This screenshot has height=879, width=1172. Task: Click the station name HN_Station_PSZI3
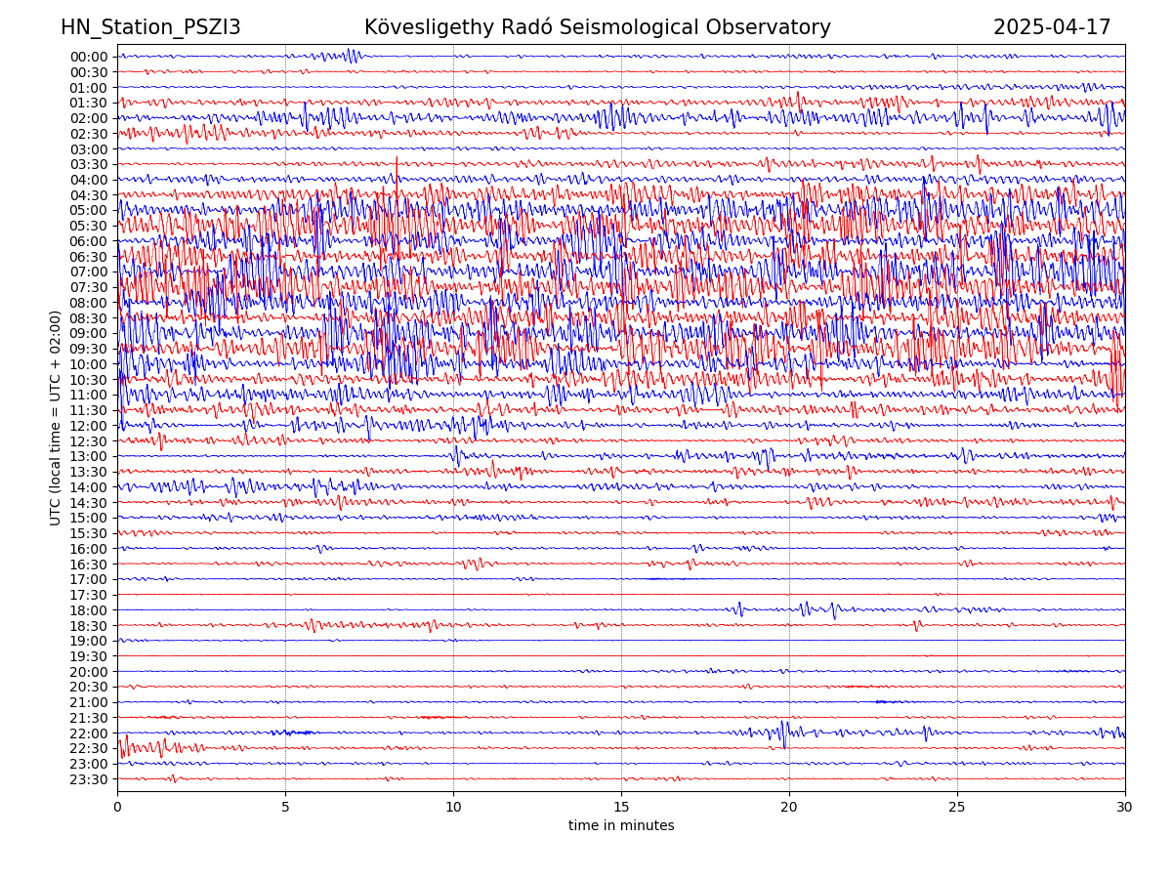pyautogui.click(x=150, y=28)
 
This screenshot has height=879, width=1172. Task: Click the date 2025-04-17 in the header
pyautogui.click(x=1052, y=28)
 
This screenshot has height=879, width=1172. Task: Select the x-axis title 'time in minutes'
pyautogui.click(x=621, y=826)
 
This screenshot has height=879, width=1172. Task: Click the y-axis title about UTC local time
pyautogui.click(x=56, y=418)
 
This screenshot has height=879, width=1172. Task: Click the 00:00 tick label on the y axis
pyautogui.click(x=89, y=57)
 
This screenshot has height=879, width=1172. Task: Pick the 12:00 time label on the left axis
pyautogui.click(x=89, y=426)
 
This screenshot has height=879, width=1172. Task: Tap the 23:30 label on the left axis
pyautogui.click(x=89, y=779)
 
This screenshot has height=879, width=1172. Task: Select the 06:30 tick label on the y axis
pyautogui.click(x=89, y=257)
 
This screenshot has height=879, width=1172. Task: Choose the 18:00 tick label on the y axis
pyautogui.click(x=89, y=610)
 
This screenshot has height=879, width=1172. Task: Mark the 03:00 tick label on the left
pyautogui.click(x=89, y=149)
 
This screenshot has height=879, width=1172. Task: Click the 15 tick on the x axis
pyautogui.click(x=621, y=807)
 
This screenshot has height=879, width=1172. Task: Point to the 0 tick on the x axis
pyautogui.click(x=117, y=807)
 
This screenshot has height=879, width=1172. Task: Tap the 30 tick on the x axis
pyautogui.click(x=1125, y=807)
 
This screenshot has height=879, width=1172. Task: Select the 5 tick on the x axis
pyautogui.click(x=285, y=807)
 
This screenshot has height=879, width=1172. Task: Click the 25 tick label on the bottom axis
pyautogui.click(x=957, y=807)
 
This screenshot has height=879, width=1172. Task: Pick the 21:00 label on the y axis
pyautogui.click(x=89, y=702)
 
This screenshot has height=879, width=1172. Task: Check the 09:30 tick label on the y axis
pyautogui.click(x=89, y=349)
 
